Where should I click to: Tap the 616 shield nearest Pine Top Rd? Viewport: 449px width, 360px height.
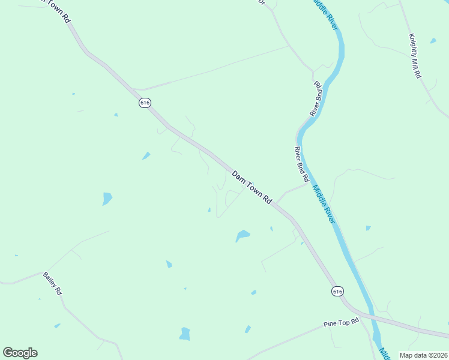[338, 291]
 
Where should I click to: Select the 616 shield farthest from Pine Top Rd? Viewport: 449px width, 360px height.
[145, 103]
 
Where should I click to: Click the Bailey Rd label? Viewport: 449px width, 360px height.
[53, 283]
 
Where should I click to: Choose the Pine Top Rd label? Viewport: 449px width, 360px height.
[340, 323]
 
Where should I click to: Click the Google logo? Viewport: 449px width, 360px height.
[20, 353]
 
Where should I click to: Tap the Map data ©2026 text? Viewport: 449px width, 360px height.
[423, 355]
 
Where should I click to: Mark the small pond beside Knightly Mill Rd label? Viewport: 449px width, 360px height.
[433, 41]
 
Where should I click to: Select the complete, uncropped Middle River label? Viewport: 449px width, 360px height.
[323, 205]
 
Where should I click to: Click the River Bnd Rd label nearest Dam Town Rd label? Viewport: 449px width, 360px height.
[301, 164]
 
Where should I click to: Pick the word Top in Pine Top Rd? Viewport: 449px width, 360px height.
[342, 323]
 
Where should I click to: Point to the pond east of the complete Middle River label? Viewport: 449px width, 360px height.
[368, 228]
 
